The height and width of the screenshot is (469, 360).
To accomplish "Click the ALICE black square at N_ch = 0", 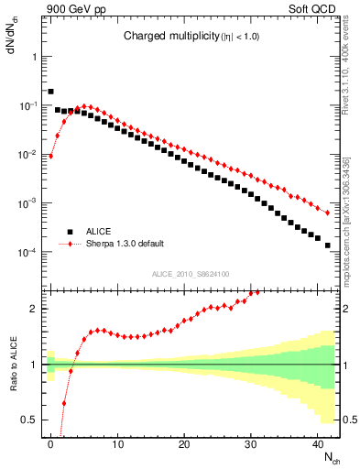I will tap(51, 92).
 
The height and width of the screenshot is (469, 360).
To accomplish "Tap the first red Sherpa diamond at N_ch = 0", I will tap(51, 156).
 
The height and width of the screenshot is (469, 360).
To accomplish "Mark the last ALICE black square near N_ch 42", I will tap(328, 245).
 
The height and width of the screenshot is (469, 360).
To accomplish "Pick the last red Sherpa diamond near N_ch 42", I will tap(328, 213).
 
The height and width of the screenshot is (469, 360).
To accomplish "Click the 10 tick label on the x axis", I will tap(117, 442).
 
